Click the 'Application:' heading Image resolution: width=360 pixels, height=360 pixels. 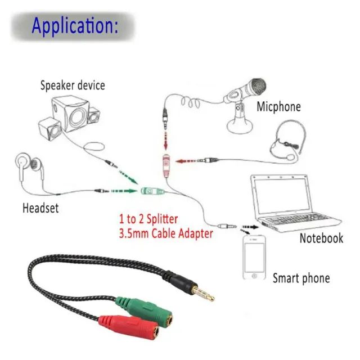point(75,26)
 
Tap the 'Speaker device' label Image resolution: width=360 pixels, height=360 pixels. point(73,85)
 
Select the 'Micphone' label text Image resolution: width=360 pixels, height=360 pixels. point(278,107)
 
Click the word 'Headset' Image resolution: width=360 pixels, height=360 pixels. point(40,208)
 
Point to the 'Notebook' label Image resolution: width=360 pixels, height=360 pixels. point(321,238)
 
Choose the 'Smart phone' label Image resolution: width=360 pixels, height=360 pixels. point(301,278)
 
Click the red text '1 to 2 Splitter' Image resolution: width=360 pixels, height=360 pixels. point(148,219)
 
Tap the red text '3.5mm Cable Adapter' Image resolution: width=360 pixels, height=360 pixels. point(166,233)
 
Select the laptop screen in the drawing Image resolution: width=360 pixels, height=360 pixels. point(281,196)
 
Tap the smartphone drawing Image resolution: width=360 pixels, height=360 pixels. point(254,258)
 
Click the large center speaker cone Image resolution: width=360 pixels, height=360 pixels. point(78,118)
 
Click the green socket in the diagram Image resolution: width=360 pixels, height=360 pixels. point(152,191)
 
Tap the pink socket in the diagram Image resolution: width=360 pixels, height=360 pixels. point(166,166)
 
